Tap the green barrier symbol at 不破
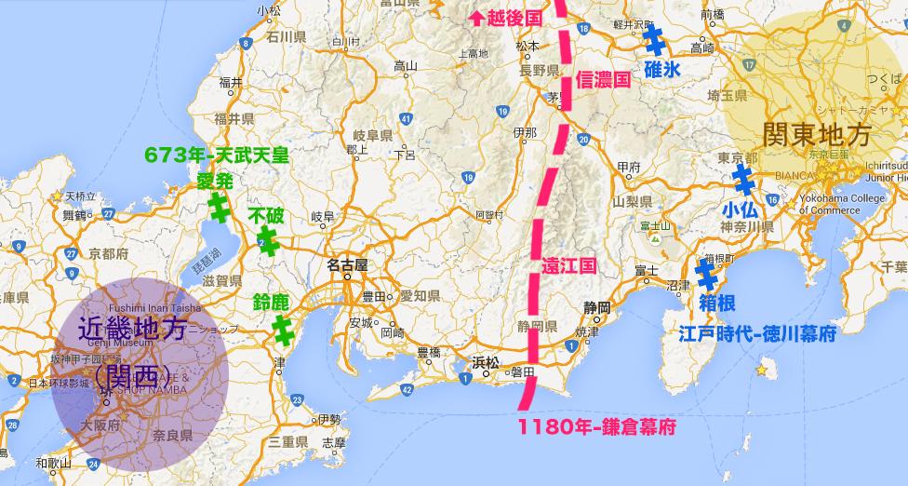click(267, 242)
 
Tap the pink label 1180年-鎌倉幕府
click(596, 429)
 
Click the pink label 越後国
click(508, 16)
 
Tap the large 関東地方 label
click(816, 135)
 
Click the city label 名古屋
click(347, 264)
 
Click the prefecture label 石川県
click(286, 37)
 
